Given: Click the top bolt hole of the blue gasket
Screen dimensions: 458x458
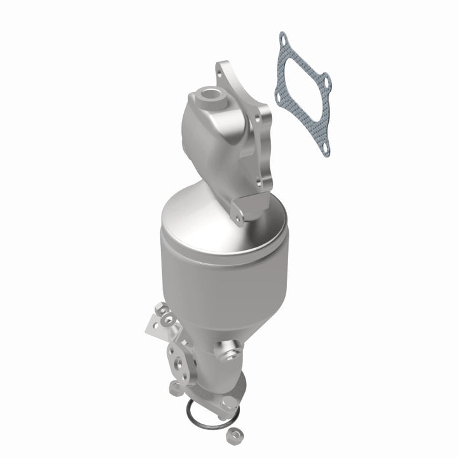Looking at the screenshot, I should coord(282,39).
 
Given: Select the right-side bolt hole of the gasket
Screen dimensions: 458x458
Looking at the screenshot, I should coord(326,81).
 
